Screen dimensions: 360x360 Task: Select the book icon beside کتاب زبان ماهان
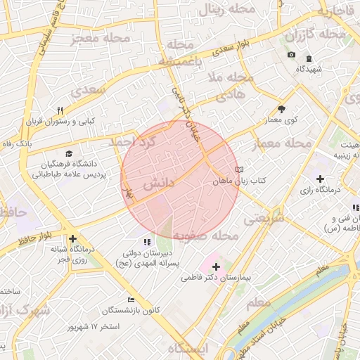coord(240,169)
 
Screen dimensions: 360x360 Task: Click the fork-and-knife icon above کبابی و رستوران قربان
coord(60,110)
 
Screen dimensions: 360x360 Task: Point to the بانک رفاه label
coord(16,143)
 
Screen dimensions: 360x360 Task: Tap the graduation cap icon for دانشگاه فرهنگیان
coord(68,154)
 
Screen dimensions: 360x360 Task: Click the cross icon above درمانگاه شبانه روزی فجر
coord(73,238)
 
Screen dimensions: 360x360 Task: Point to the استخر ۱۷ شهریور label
coord(96,327)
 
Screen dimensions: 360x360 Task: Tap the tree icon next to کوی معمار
coord(282,109)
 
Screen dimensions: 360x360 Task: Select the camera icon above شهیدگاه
coord(291,55)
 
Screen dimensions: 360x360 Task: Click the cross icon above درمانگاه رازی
coord(321,179)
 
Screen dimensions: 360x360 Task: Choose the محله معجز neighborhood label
coord(101,38)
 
